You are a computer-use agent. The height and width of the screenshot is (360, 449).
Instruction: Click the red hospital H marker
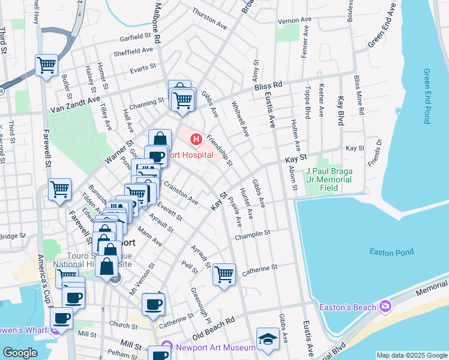click(196, 140)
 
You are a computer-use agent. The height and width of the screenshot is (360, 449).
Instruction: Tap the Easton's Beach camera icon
click(384, 307)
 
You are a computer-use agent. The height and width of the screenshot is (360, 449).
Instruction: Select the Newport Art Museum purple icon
click(165, 347)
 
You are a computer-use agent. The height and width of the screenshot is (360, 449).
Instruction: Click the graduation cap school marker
click(268, 340)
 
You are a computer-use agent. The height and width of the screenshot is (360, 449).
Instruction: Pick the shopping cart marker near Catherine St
click(224, 275)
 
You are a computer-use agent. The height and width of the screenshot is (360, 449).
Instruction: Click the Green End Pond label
click(427, 96)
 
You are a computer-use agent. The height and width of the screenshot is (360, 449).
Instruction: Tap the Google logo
click(20, 353)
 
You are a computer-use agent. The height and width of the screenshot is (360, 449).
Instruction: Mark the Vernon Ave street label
click(294, 20)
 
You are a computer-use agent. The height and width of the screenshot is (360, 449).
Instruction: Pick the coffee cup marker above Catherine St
click(153, 304)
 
